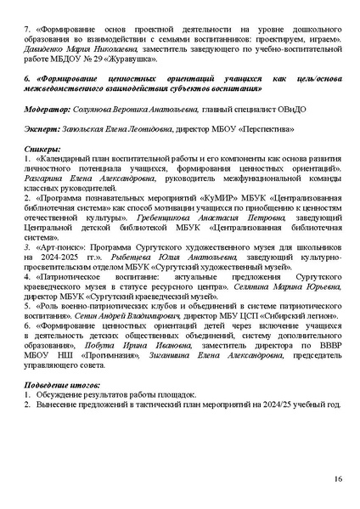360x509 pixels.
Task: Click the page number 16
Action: [338, 479]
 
